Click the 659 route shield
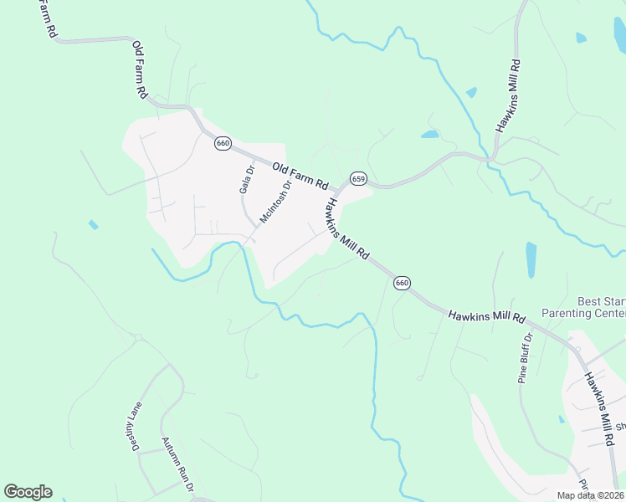358,178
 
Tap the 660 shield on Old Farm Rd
222,143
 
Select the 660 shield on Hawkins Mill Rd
402,283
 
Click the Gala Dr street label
246,179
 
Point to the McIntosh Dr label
275,202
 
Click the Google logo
28,492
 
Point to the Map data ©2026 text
591,495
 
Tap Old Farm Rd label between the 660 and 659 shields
299,174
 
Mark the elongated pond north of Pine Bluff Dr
531,259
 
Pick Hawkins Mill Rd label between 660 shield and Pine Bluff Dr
485,317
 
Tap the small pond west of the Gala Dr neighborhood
93,225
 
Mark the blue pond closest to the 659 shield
429,134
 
